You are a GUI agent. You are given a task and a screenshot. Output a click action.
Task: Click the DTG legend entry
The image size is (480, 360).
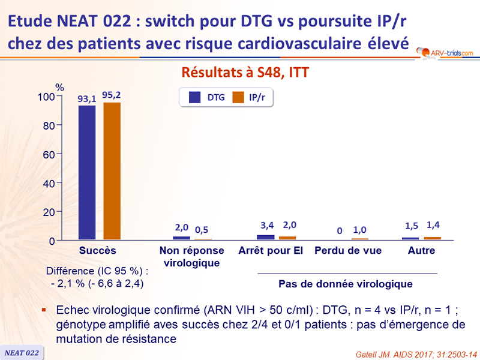click(x=207, y=97)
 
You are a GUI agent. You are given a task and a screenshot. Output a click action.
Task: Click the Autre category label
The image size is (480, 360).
click(x=421, y=250)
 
